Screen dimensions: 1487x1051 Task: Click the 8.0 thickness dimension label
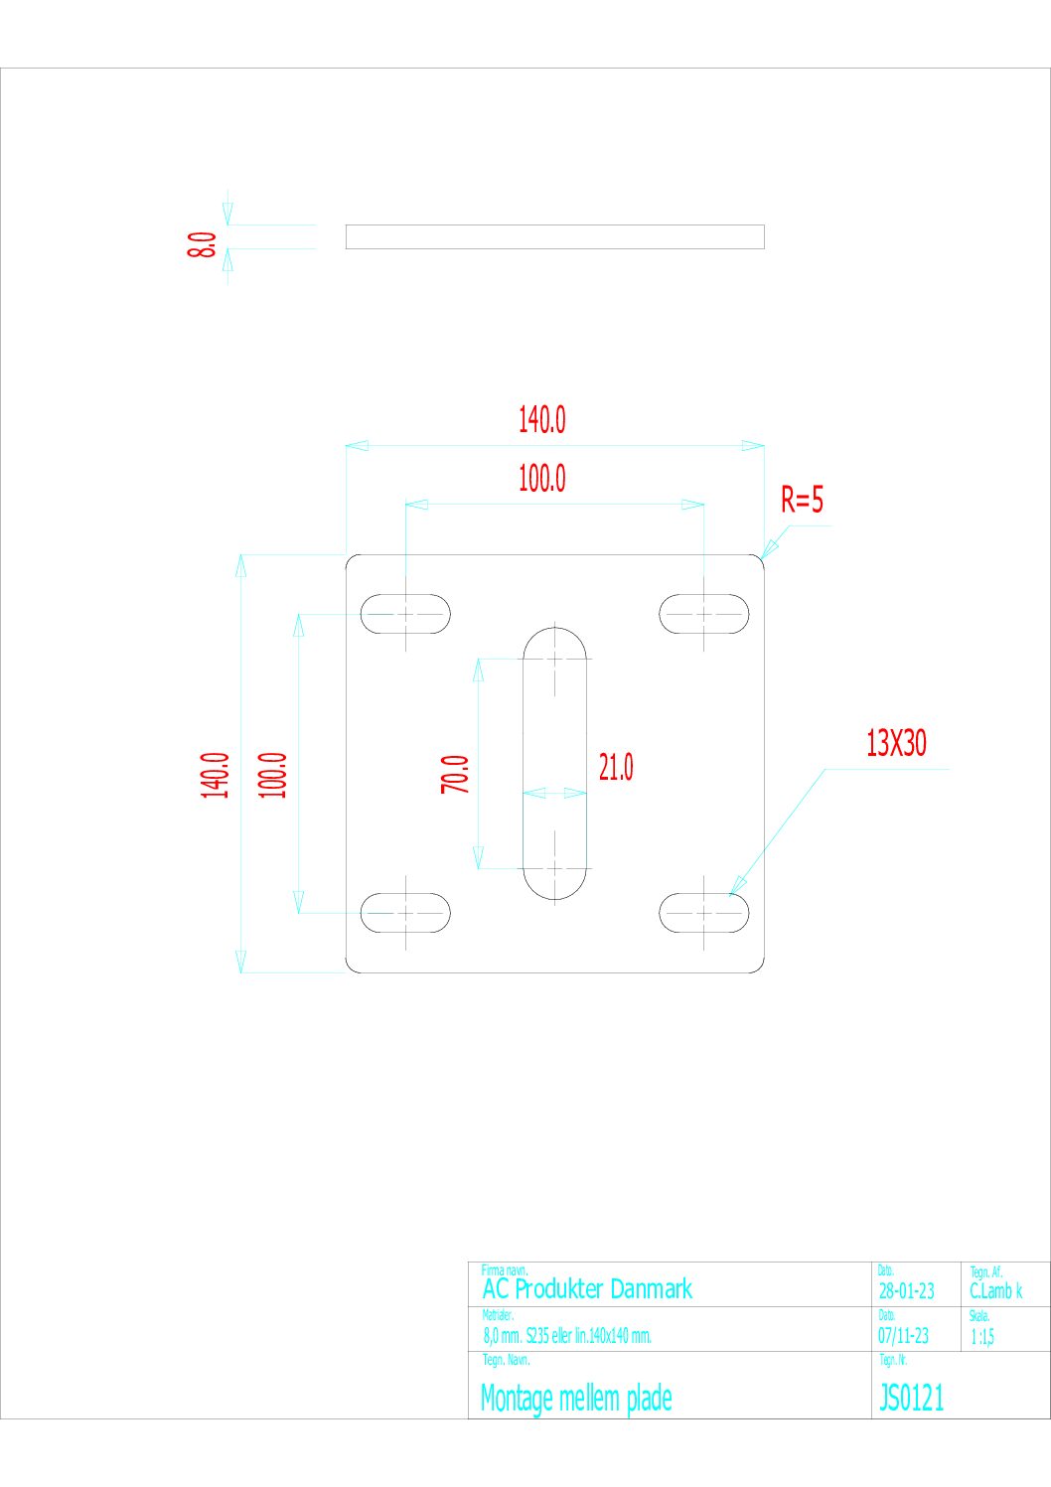(x=202, y=244)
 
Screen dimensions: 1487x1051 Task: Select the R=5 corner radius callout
(x=802, y=500)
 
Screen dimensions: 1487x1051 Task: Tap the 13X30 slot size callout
(x=896, y=743)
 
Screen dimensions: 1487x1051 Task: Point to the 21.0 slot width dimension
(x=616, y=767)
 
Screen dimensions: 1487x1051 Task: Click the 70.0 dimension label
(x=455, y=774)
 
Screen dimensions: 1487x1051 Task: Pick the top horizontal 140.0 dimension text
(x=541, y=420)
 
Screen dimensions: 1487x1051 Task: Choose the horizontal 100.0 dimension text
(x=541, y=479)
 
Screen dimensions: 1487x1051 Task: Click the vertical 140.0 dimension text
(x=216, y=775)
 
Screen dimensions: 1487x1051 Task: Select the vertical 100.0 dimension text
(x=273, y=775)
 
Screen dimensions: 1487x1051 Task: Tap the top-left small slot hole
(x=405, y=614)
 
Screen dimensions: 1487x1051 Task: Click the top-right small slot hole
(x=704, y=614)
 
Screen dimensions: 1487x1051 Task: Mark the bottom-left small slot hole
(x=405, y=913)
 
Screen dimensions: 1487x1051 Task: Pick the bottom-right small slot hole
(x=704, y=913)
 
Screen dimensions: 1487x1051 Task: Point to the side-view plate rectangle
(x=554, y=236)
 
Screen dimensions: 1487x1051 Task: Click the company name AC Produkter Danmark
(x=587, y=1289)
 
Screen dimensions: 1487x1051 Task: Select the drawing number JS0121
(x=912, y=1399)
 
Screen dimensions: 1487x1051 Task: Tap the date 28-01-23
(x=906, y=1291)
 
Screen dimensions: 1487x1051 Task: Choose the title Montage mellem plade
(x=576, y=1399)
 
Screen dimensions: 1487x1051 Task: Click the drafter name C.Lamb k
(x=995, y=1291)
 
